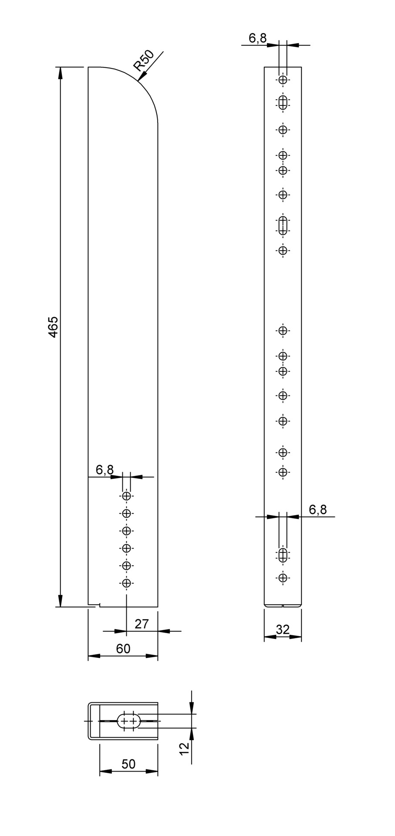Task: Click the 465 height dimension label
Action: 53,327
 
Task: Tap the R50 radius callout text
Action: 143,61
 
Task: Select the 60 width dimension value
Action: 123,649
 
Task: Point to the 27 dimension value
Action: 142,624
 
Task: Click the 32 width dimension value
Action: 283,630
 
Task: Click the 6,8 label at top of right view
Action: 257,38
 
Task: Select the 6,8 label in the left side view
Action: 105,470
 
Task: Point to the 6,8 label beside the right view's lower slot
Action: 318,509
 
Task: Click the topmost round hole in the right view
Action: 283,80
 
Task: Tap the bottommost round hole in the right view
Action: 283,578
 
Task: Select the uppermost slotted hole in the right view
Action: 283,103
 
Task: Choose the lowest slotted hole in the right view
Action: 283,554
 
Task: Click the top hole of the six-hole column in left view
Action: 126,496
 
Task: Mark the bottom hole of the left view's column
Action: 126,583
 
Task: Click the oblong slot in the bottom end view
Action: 128,721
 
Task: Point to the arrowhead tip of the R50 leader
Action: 138,81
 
